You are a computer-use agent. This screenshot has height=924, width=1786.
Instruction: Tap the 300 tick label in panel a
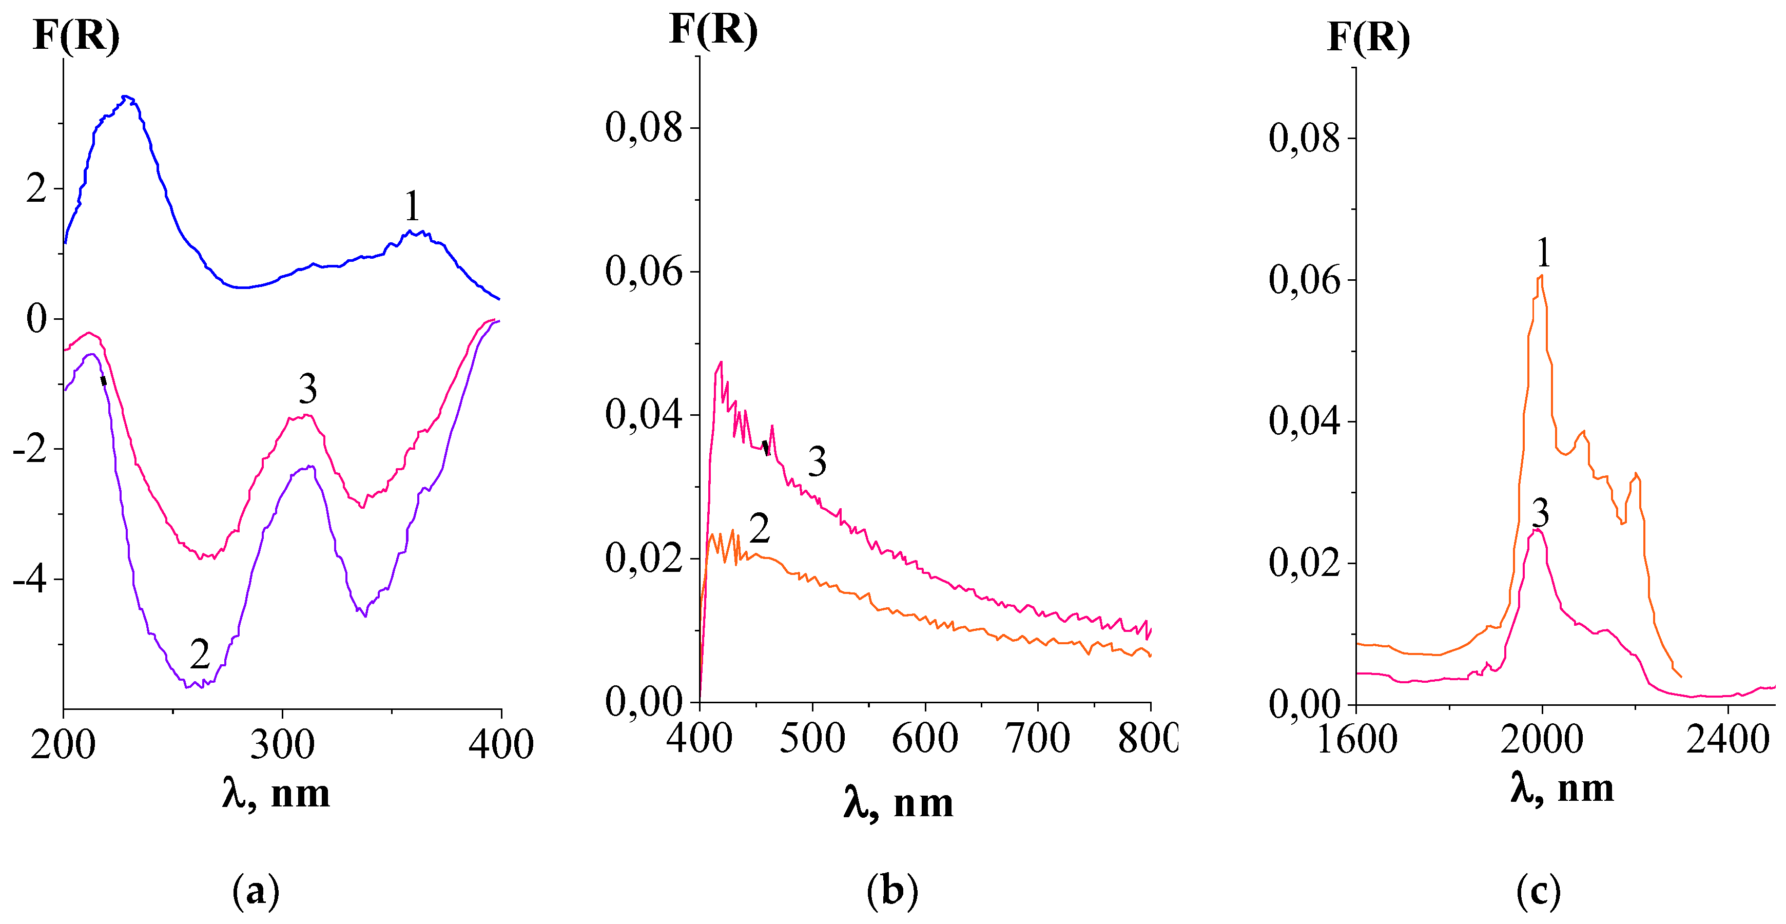tap(282, 744)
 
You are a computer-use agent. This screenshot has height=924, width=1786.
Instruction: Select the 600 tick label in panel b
tap(925, 738)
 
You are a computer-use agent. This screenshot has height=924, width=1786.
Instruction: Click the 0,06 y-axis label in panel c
tap(1304, 280)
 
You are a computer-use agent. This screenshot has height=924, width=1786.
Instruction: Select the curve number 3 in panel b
tap(818, 462)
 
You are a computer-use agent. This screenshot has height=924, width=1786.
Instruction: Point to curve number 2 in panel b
tap(760, 529)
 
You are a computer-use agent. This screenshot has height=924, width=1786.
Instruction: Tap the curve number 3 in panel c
tap(1540, 513)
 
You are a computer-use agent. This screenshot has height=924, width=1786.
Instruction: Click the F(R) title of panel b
tap(713, 30)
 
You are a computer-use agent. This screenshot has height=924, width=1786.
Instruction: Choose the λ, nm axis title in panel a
tap(276, 793)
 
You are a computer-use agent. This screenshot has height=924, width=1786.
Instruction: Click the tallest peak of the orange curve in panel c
tap(1541, 276)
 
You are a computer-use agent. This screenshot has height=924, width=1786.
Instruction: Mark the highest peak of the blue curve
tap(126, 97)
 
